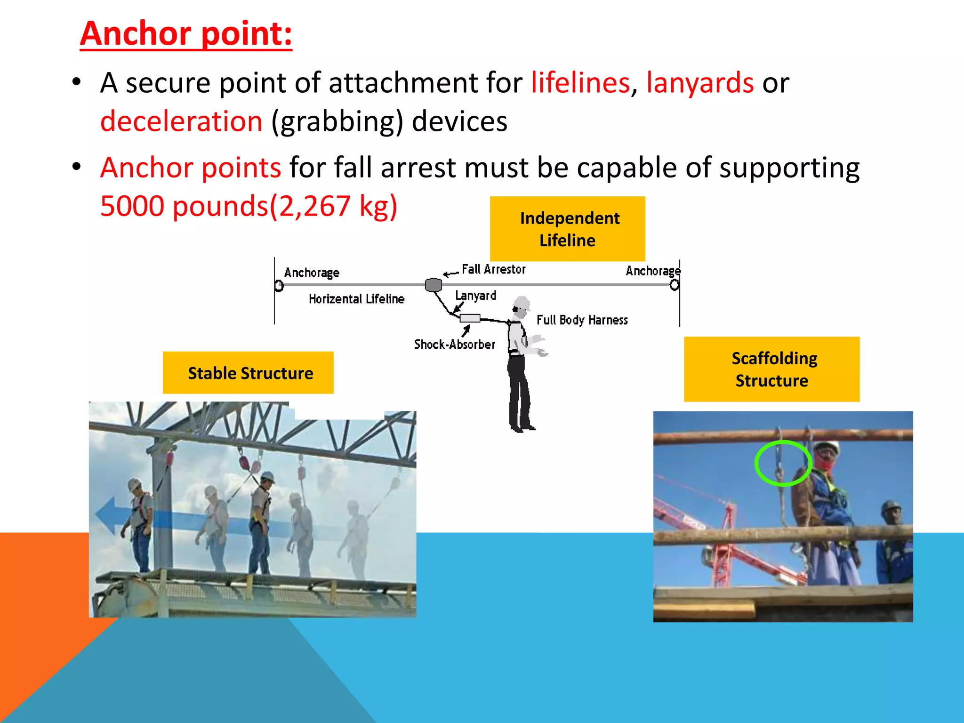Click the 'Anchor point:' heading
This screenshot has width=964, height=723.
(186, 34)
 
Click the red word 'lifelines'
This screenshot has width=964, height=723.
(580, 83)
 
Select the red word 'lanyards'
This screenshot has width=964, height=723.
(699, 83)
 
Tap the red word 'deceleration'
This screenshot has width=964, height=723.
(181, 121)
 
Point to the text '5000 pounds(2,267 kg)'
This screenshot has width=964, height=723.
(249, 206)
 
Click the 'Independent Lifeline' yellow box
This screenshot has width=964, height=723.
(567, 229)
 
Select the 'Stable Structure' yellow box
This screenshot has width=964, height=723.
(248, 373)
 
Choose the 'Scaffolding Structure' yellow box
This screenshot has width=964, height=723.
(771, 369)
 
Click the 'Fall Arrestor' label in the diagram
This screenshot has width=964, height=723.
(493, 269)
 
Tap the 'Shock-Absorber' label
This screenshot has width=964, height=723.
(454, 345)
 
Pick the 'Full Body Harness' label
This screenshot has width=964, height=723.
(582, 320)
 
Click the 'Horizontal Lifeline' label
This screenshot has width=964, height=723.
(356, 299)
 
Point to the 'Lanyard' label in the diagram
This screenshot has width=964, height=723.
(475, 296)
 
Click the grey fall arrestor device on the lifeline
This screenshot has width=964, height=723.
(434, 284)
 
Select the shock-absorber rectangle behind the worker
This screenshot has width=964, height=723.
(470, 318)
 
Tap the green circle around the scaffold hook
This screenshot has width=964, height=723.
(783, 463)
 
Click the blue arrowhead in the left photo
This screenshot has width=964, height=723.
(106, 515)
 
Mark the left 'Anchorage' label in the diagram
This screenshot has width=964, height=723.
(312, 273)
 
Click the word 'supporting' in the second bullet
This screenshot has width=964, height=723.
(789, 168)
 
